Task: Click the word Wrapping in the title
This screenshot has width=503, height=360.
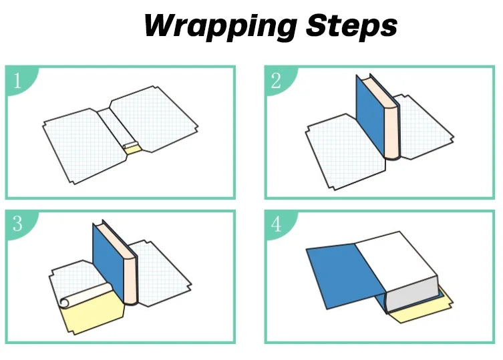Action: pos(219,26)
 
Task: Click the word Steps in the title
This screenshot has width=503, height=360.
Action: pos(351,26)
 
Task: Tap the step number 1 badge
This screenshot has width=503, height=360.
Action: pos(18,80)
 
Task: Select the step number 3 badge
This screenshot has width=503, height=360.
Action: pos(18,224)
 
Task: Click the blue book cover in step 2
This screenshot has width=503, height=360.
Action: pos(372,117)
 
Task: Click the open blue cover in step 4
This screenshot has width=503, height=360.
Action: pos(344,271)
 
